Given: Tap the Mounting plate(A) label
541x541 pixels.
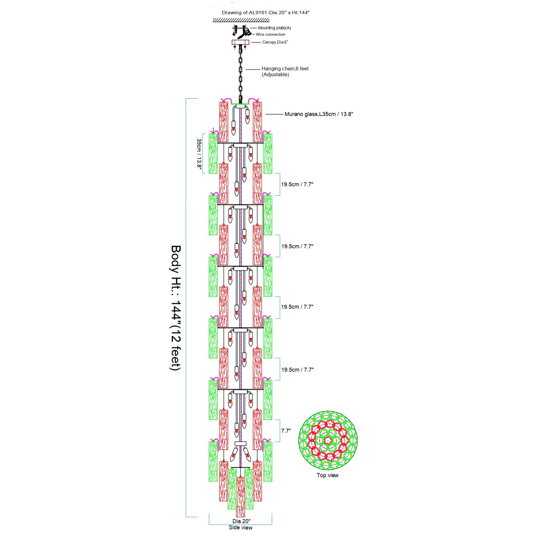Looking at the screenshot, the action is [x=274, y=28].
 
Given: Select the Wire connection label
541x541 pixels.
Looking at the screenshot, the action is [x=270, y=35].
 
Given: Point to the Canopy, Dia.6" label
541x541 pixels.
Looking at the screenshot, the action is [x=275, y=42].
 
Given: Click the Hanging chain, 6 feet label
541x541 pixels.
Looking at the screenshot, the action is [x=285, y=69].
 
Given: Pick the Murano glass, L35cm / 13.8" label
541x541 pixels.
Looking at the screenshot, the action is [x=319, y=114].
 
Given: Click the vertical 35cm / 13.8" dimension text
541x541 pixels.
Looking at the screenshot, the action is [x=199, y=154].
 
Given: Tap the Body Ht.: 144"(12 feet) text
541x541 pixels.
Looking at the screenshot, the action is [x=176, y=308].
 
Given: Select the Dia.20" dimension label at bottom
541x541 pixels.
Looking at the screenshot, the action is [x=242, y=521].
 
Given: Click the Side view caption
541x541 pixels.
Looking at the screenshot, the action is [x=241, y=527].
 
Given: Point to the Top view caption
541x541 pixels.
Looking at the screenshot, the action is [x=328, y=475].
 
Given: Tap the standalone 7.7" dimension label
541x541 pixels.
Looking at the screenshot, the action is [x=286, y=431].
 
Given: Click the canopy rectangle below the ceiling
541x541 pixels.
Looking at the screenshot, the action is [x=240, y=42].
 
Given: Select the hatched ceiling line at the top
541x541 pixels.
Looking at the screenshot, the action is [x=241, y=20].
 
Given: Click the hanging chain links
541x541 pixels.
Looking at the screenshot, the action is [x=241, y=73].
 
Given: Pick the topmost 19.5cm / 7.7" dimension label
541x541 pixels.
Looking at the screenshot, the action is [x=297, y=184].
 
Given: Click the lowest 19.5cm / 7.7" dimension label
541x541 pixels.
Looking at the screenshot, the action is [x=298, y=370].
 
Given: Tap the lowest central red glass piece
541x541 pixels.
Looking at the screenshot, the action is [x=241, y=497].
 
